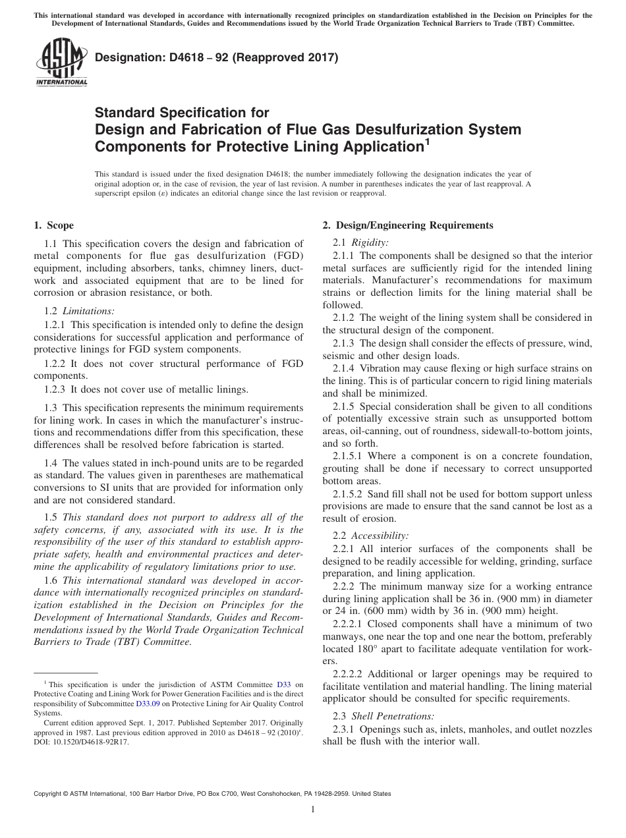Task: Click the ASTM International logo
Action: click(61, 63)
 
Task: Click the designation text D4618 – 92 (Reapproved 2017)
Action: click(217, 58)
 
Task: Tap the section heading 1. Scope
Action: click(53, 225)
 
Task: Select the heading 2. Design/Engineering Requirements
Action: click(407, 225)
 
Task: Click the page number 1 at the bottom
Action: click(313, 810)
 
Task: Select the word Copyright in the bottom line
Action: click(48, 794)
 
